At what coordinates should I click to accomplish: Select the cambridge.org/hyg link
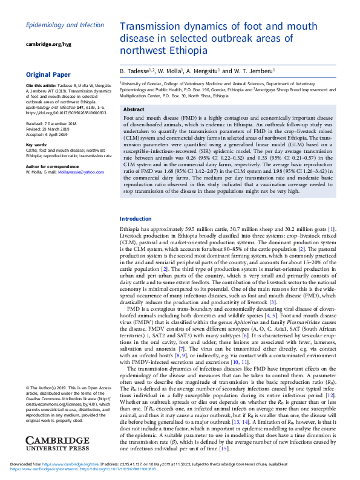[x=48, y=44]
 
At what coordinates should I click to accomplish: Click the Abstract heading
[x=134, y=109]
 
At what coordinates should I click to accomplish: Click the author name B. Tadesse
[x=136, y=71]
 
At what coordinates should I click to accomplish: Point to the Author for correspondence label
[x=52, y=166]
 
